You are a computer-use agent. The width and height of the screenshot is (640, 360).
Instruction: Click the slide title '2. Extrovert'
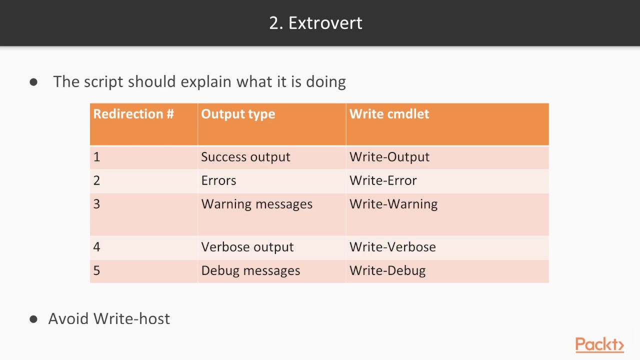[315, 23]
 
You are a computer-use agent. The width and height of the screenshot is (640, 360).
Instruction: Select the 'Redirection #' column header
[133, 114]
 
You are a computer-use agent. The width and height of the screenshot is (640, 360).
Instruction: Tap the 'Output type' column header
[238, 114]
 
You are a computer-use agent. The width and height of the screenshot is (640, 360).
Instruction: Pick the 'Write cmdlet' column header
[389, 114]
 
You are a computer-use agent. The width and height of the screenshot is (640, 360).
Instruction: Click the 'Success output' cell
[245, 157]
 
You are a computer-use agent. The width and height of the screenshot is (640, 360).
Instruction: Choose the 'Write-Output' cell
[389, 157]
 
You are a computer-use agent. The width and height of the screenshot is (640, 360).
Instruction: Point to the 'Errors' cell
[218, 180]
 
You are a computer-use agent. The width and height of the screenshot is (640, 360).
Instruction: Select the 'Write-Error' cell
[383, 180]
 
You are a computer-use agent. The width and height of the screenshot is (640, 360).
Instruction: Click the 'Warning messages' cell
[256, 204]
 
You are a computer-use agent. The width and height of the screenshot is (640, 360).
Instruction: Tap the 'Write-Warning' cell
[393, 204]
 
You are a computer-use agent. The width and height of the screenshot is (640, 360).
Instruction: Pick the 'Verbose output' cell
[247, 247]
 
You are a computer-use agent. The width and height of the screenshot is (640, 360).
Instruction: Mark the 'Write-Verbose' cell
[392, 247]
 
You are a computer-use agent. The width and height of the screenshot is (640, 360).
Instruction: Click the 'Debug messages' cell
[250, 270]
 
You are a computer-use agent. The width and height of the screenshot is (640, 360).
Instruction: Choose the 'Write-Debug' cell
[387, 270]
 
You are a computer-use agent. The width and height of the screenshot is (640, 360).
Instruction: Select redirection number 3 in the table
[96, 204]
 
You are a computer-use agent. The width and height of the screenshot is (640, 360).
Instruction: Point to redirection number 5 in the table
[96, 270]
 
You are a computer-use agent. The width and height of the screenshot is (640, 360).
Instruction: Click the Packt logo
[599, 345]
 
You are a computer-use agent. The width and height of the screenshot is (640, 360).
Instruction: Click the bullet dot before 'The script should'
[33, 82]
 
